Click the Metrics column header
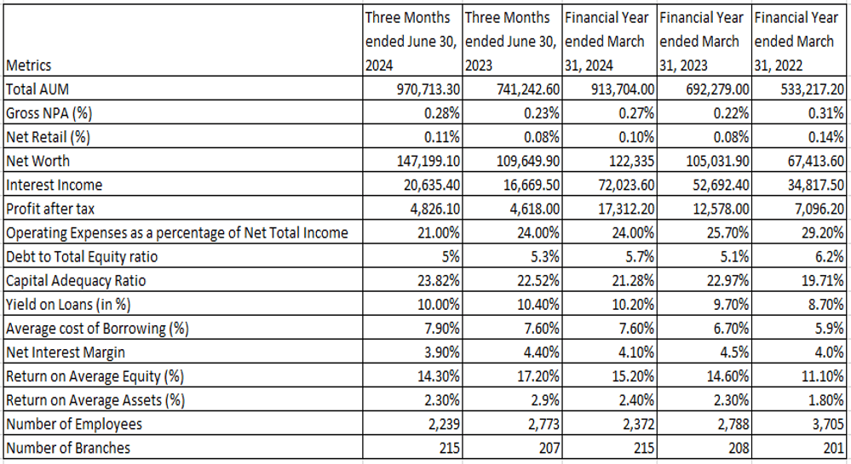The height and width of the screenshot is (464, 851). pos(28,66)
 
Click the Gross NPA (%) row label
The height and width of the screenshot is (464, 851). pos(49,113)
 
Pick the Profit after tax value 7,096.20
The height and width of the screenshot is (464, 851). pos(819,209)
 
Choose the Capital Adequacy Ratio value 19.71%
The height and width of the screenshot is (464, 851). pos(823,281)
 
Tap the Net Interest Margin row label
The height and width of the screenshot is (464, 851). pos(65,352)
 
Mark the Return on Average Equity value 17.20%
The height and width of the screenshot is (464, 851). pos(538,376)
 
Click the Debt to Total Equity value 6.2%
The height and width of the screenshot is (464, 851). pos(830,257)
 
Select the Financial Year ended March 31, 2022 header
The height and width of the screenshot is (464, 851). pos(796,42)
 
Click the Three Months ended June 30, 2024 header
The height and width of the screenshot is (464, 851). pos(411,42)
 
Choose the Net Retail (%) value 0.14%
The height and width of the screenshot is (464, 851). pos(826,137)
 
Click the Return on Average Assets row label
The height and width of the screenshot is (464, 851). pos(95,400)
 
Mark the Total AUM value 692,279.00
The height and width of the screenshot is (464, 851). pos(717,89)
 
